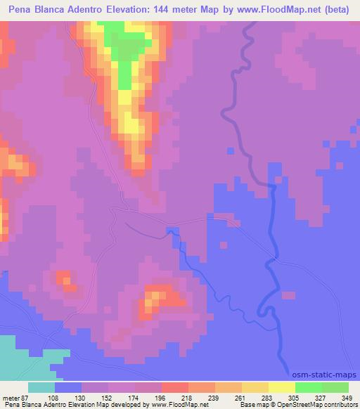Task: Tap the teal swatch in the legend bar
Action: pos(41,387)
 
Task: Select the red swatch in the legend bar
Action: pos(174,387)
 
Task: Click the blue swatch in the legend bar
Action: pos(68,387)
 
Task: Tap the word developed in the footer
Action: pos(122,405)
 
